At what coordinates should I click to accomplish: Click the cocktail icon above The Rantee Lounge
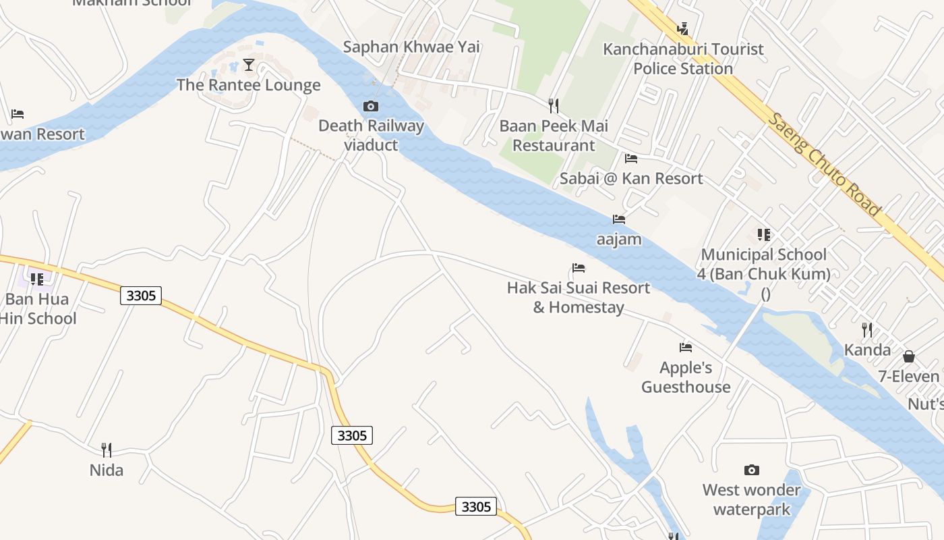pos(249,65)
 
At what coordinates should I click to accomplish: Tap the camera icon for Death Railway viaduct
pos(370,106)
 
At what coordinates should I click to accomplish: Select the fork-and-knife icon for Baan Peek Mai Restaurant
pos(554,106)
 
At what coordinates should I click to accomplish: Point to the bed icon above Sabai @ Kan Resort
pos(631,159)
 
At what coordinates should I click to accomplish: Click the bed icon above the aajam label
pos(619,219)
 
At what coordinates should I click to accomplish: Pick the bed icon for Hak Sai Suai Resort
pos(579,268)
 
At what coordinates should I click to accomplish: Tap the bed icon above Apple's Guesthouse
pos(686,348)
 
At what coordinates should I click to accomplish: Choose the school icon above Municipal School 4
pos(764,235)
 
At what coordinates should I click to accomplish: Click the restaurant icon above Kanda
pos(867,330)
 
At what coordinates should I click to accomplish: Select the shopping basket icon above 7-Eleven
pos(909,356)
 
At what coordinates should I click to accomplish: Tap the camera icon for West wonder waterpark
pos(751,470)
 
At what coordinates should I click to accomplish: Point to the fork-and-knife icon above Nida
pos(107,450)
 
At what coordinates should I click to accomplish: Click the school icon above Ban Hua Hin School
pos(37,279)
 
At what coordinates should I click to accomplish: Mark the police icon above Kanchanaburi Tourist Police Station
pos(683,29)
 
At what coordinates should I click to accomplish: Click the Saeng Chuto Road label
pos(825,165)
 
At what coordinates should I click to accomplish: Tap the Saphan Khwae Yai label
pos(411,47)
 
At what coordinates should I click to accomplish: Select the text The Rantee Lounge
pos(249,85)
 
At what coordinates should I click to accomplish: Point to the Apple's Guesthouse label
pos(686,377)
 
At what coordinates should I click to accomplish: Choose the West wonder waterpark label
pos(751,500)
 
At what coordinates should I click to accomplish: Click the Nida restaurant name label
pos(107,470)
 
